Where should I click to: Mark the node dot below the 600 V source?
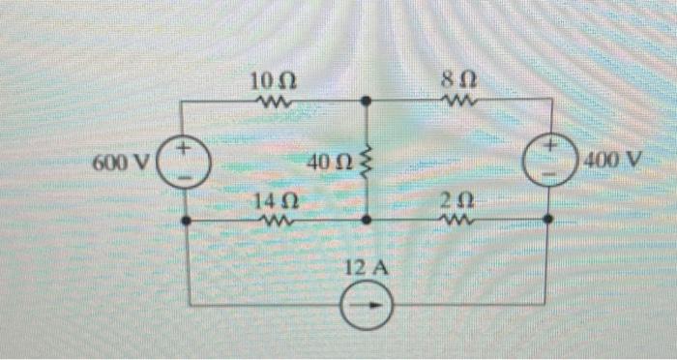(x=187, y=221)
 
